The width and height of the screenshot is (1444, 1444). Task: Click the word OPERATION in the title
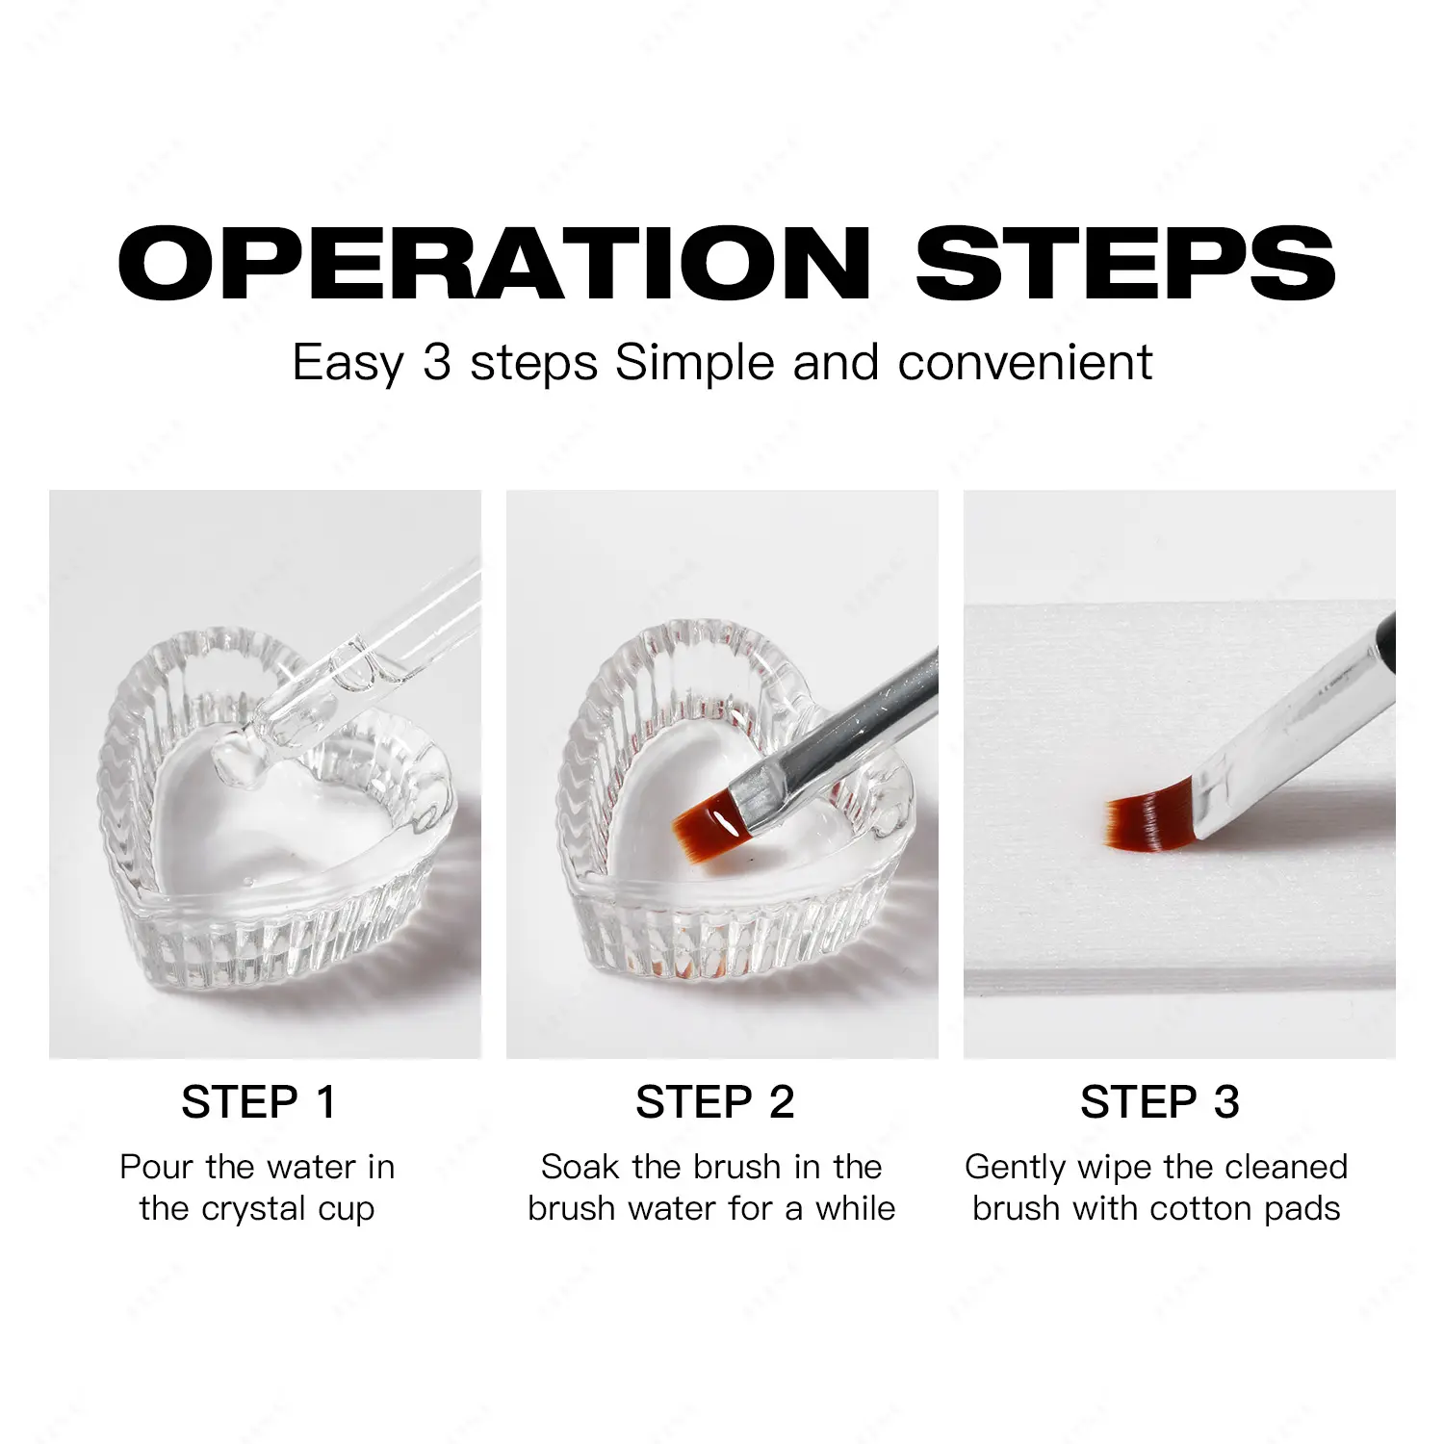[x=494, y=263]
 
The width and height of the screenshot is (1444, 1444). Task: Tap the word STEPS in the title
[x=1125, y=263]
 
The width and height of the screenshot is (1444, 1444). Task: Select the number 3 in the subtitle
[x=437, y=363]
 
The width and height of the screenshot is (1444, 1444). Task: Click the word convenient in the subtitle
[x=1025, y=363]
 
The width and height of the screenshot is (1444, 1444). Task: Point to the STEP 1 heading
[x=259, y=1102]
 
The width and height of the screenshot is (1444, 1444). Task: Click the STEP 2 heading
[x=715, y=1102]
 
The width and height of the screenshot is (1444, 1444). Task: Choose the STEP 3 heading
[x=1160, y=1102]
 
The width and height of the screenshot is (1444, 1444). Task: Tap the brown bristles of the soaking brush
[x=709, y=824]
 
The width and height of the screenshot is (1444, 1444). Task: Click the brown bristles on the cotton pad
[x=1151, y=821]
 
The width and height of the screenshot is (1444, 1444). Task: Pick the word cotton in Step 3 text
[x=1202, y=1209]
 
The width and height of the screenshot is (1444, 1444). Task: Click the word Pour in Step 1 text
[x=158, y=1167]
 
